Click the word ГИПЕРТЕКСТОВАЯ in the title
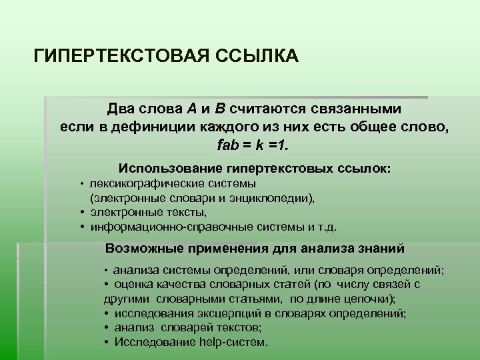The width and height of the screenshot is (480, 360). (121, 55)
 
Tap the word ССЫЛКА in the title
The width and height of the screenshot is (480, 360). (257, 55)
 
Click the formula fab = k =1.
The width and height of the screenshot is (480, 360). (254, 144)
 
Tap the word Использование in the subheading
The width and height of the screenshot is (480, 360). (170, 169)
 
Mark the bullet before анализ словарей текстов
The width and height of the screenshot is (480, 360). (107, 328)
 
